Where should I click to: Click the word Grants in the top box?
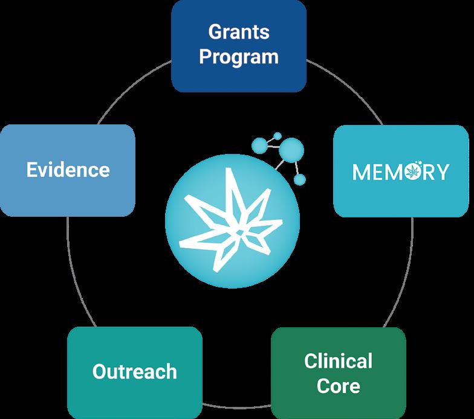[239, 32]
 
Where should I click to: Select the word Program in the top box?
[239, 57]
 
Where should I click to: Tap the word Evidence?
[68, 170]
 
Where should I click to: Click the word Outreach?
[134, 371]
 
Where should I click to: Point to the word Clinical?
[339, 361]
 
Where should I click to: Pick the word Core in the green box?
[339, 386]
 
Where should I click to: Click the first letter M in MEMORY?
[361, 172]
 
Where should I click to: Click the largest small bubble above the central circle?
[291, 150]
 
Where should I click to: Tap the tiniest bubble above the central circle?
[278, 136]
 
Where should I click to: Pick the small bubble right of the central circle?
[300, 180]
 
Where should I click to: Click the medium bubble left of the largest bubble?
[260, 145]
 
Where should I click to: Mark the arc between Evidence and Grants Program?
[131, 88]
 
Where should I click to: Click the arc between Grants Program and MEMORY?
[348, 87]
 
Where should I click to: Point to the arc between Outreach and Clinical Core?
[236, 406]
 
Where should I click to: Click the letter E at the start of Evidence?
[31, 170]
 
